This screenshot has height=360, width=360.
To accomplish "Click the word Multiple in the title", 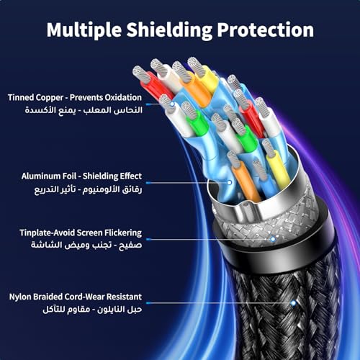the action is tap(84, 30).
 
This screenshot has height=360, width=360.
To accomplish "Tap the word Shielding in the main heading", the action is tap(169, 30).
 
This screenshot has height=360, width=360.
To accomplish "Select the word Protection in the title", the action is tap(266, 30).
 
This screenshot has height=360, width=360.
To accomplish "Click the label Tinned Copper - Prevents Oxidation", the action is tap(75, 97).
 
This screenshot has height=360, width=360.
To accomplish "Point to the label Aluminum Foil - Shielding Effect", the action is tap(81, 176).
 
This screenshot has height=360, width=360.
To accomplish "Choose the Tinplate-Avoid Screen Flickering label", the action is tap(81, 233).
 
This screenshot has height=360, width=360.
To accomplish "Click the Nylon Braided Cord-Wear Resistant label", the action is tap(76, 297).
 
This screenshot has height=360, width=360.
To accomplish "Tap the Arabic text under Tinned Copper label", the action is tap(84, 110).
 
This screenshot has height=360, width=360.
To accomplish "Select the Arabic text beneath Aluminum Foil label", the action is tap(88, 189).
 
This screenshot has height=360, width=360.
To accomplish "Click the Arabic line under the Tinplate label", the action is tap(86, 245).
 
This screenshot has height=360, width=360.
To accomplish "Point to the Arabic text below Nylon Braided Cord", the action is tap(92, 309).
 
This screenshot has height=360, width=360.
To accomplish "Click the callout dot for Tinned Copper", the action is tap(172, 104).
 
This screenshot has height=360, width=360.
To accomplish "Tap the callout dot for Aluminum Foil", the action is tap(230, 183).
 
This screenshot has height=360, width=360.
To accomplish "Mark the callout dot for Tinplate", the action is tap(273, 239).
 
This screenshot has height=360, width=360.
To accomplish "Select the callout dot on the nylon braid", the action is tap(293, 303).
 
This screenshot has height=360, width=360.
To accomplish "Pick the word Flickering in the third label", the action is tap(123, 233).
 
